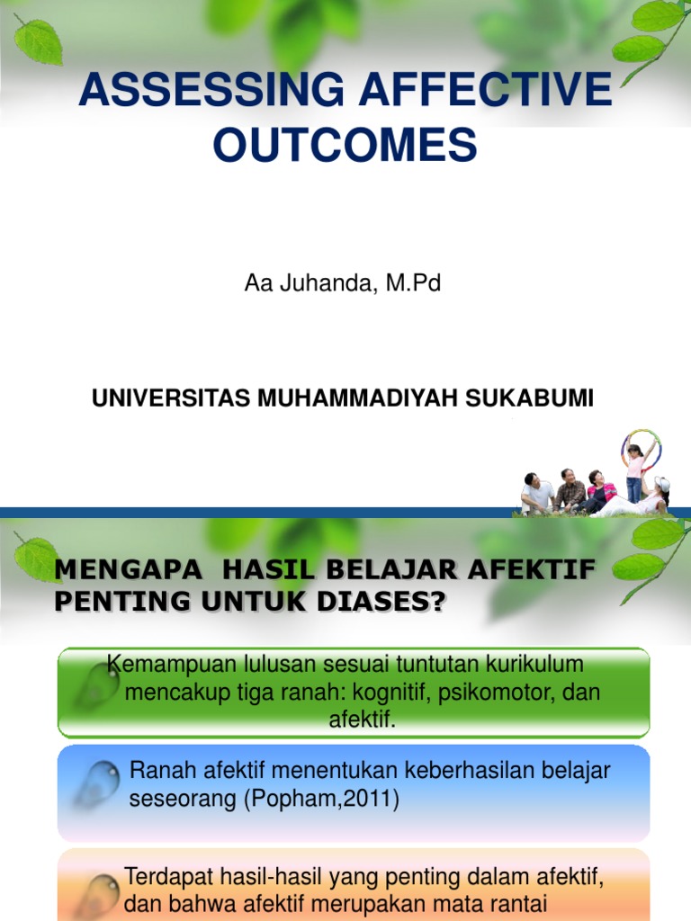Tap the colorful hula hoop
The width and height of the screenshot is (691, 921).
tap(642, 447)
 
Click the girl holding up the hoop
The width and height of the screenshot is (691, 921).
tap(635, 472)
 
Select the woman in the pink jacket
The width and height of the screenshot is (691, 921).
tap(598, 490)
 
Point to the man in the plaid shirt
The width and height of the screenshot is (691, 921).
tap(569, 490)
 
